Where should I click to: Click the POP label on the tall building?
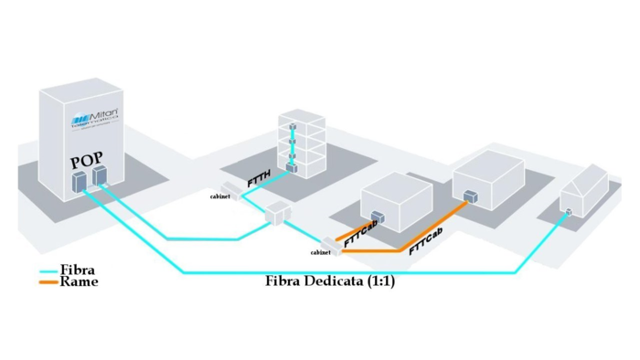[x=87, y=162]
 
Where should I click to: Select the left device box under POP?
[x=80, y=185]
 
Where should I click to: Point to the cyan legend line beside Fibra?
[x=48, y=271]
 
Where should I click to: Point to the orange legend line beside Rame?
[x=48, y=283]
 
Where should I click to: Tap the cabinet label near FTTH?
[x=220, y=196]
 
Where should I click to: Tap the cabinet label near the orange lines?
[x=320, y=251]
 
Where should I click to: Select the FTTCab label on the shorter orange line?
[x=362, y=232]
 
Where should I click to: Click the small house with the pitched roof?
[x=582, y=192]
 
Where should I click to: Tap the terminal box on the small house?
[x=568, y=213]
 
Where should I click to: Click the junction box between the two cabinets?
[x=275, y=217]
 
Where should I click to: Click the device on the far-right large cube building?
[x=470, y=196]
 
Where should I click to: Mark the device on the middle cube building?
[x=377, y=219]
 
